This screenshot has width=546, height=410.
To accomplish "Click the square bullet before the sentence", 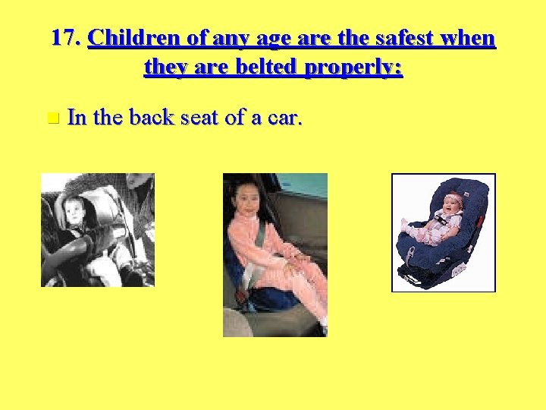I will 52,118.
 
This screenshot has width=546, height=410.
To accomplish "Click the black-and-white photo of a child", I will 97,230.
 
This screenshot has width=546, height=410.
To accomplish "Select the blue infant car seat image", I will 443,232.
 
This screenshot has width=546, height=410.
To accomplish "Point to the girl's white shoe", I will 323,328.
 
